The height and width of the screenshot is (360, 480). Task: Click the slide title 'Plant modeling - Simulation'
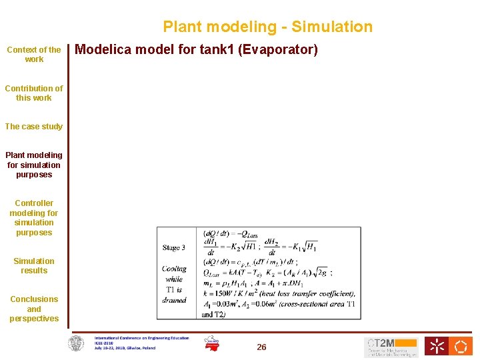[x=267, y=27]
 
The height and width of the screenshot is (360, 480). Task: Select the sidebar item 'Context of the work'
[x=34, y=55]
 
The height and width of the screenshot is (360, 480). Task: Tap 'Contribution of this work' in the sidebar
[x=34, y=93]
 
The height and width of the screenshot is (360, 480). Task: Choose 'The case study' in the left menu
[x=34, y=127]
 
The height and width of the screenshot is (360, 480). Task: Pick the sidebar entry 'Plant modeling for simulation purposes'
[x=34, y=165]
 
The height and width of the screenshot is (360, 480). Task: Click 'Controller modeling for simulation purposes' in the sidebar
[x=34, y=218]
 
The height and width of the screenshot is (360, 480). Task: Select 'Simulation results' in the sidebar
[x=34, y=266]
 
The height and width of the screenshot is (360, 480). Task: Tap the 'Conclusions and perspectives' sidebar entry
[x=34, y=309]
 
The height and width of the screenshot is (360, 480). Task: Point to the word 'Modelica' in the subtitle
[x=101, y=50]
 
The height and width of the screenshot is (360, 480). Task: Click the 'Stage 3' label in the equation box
[x=174, y=248]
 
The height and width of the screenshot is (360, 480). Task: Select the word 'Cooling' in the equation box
[x=174, y=269]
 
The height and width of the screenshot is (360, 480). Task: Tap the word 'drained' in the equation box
[x=174, y=300]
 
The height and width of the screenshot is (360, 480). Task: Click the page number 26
[x=261, y=347]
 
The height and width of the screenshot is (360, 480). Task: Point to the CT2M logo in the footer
[x=391, y=347]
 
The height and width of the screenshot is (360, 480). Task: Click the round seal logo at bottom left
[x=77, y=344]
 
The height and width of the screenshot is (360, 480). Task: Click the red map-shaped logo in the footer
[x=212, y=344]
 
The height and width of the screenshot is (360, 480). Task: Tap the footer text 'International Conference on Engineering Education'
[x=141, y=338]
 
